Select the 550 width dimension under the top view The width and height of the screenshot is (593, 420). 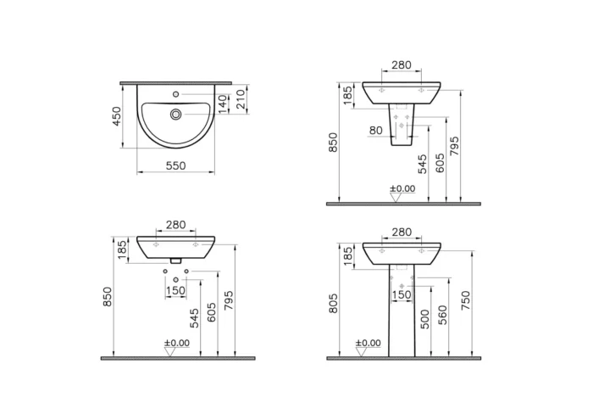pos(175,167)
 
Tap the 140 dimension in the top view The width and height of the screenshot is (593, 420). pos(224,104)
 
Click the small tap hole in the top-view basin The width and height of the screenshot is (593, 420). pos(175,93)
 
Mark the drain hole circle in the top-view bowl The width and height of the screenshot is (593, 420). pos(175,113)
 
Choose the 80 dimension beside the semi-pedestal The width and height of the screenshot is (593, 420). pos(375,131)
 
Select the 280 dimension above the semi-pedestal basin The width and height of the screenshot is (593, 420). pos(402,65)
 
